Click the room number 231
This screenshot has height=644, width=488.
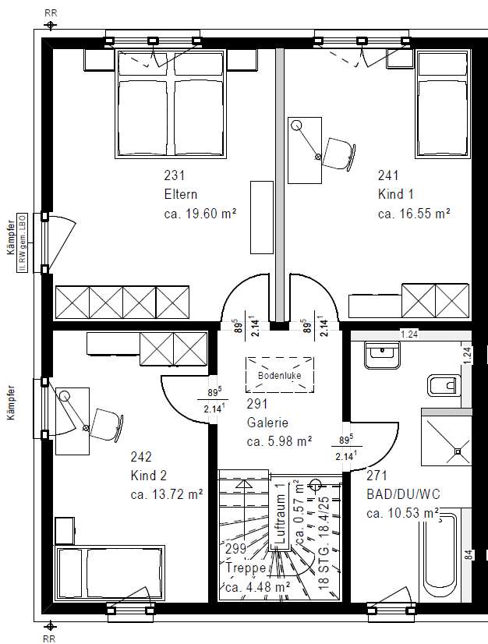175,175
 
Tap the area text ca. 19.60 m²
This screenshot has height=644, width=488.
200,212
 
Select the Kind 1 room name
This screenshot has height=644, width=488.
396,194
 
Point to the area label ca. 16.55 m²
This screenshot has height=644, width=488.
415,212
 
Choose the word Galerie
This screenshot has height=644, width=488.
267,423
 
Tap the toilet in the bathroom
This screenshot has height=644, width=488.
442,385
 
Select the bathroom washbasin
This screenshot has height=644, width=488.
382,356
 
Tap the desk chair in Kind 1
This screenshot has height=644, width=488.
339,152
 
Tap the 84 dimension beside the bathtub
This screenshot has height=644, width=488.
467,555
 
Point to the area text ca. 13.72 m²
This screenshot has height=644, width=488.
167,494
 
